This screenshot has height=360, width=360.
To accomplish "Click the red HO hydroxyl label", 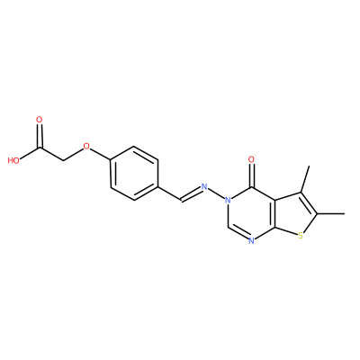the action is pos(13,160).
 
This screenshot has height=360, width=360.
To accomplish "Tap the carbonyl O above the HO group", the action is pos(40,120).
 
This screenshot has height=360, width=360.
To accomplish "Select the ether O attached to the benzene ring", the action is pos(86,147).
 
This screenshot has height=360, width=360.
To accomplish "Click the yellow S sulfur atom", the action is pos(301,237).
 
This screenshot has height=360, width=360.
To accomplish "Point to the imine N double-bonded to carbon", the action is pos(204,187).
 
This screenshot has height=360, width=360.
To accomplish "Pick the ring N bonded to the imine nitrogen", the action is pos(229,200).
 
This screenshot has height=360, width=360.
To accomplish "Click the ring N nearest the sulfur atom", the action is pos(251,240).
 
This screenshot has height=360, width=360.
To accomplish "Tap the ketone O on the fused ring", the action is pos(251,160).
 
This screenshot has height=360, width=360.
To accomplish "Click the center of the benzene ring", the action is pos(134,174).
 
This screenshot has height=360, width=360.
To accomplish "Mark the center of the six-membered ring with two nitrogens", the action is pos(251,213).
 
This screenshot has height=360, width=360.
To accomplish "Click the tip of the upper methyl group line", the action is pos(309,166).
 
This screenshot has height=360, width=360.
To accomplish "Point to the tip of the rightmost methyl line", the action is pos(344,213).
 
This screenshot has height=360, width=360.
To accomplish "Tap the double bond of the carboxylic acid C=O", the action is pos(40,136).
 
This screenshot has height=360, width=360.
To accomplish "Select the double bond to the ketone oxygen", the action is pos(251,175).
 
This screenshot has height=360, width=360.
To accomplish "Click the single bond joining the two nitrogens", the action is pos(216,193).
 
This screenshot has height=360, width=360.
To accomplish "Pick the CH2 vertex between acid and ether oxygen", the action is pos(63,160).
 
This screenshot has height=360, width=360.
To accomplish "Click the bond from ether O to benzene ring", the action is pos(101,154).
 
